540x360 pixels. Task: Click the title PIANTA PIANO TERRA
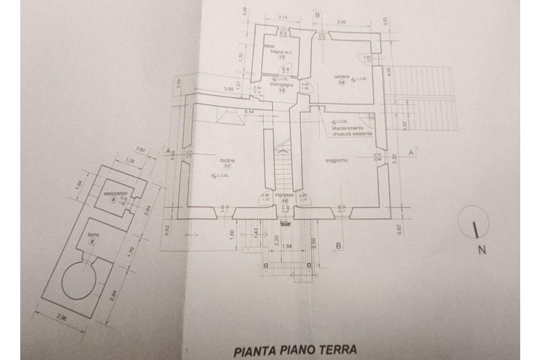[x=295, y=349]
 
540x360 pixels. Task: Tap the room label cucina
[x=225, y=160]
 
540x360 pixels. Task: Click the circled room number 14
[x=342, y=83]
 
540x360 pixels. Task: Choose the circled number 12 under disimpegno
[x=282, y=90]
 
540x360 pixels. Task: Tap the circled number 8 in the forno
[x=93, y=242]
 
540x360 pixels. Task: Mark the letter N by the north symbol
[x=482, y=251]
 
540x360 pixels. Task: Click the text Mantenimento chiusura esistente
[x=352, y=130]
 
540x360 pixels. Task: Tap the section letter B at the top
[x=317, y=15]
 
